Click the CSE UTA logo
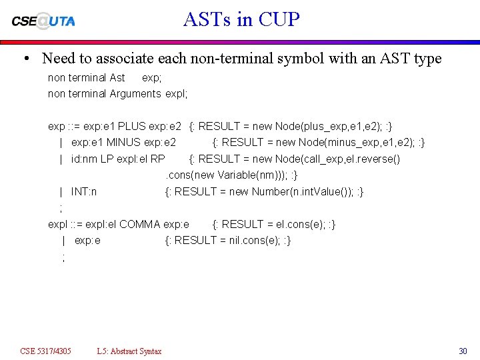tap(43, 21)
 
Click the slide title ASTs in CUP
tap(241, 19)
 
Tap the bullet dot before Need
tap(25, 59)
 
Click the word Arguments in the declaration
tap(135, 93)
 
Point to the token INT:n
tap(84, 191)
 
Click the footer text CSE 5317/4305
tap(45, 351)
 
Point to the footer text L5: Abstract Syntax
tap(129, 351)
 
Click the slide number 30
tap(463, 351)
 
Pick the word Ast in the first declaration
tap(117, 77)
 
